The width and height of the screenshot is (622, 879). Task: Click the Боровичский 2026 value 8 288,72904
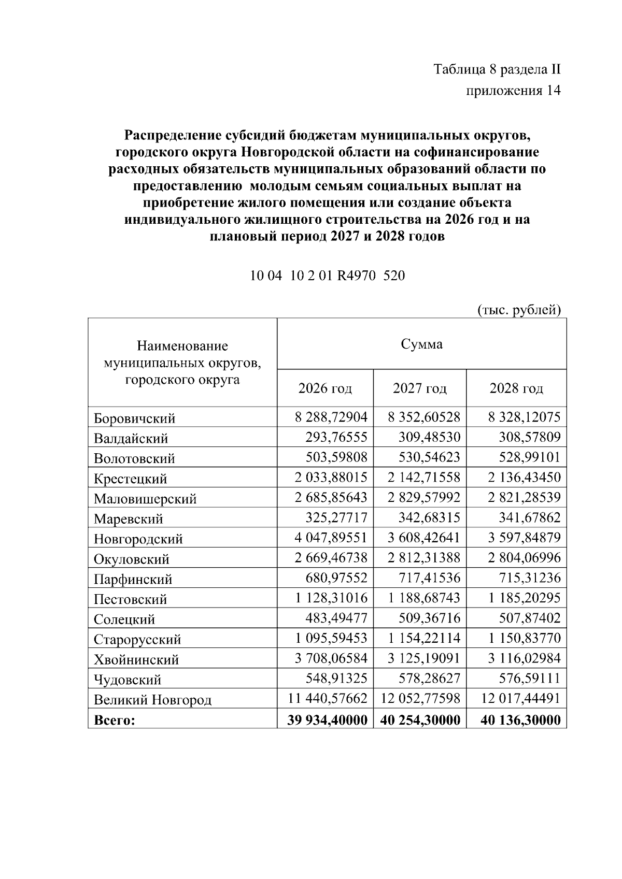(x=331, y=417)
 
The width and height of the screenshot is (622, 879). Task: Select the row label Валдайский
(x=131, y=438)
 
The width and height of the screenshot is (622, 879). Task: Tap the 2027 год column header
(x=419, y=388)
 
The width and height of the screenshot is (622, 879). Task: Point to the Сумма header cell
(x=421, y=344)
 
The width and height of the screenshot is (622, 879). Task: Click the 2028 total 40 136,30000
(x=520, y=719)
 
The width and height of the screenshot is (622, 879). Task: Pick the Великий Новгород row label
(x=152, y=700)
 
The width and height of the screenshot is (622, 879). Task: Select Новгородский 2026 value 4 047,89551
(x=331, y=538)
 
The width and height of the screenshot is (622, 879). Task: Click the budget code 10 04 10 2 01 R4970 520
(x=327, y=276)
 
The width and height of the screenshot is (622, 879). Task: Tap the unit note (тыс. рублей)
(x=519, y=310)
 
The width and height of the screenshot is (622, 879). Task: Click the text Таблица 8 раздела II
(x=497, y=69)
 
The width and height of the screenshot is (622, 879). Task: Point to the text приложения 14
(x=514, y=91)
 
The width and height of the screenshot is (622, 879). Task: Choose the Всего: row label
(x=114, y=720)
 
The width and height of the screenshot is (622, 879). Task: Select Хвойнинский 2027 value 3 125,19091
(x=424, y=658)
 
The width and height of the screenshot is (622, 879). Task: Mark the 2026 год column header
(x=325, y=388)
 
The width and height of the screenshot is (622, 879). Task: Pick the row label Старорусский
(x=137, y=639)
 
